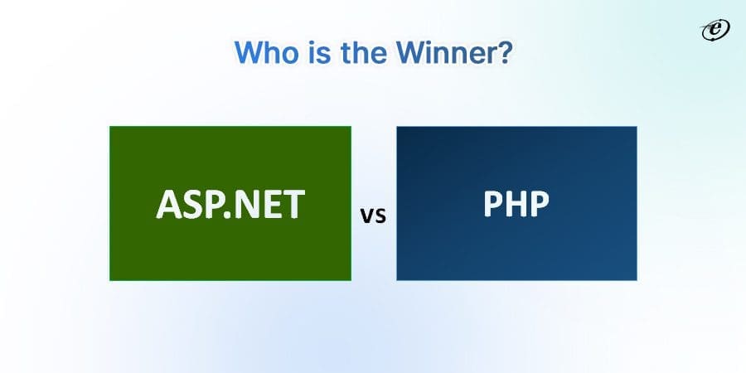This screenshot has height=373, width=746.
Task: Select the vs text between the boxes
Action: coord(373,217)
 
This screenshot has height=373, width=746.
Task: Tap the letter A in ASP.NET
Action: coord(169,205)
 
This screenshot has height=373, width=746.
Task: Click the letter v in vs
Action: coord(367,217)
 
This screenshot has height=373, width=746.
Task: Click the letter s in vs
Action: coord(380,217)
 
